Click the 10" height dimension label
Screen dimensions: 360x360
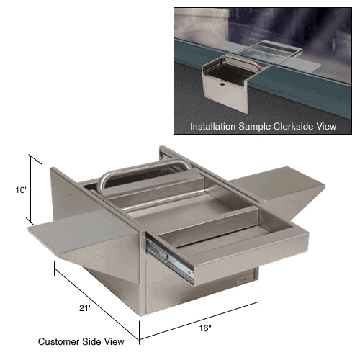pos(22,190)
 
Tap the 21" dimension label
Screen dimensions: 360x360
pos(86,308)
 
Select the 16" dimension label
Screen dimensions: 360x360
pos(205,328)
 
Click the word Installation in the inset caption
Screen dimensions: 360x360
pos(212,127)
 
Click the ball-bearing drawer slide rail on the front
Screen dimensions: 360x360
pos(169,260)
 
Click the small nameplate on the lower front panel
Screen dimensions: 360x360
pos(244,279)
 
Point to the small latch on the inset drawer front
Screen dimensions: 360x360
pos(222,84)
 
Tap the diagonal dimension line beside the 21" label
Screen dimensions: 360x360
pos(96,305)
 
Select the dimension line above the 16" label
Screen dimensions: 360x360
pos(199,321)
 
